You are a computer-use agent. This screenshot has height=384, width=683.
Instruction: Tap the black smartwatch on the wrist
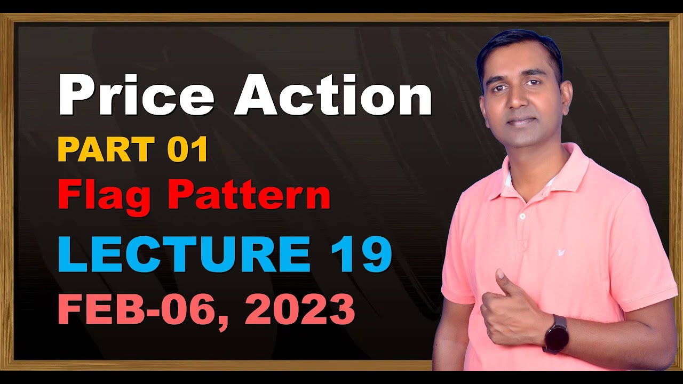pos(555,334)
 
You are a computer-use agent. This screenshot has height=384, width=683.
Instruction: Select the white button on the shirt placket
pos(522,216)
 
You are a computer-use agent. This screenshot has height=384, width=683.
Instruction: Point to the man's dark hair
pos(520,45)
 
